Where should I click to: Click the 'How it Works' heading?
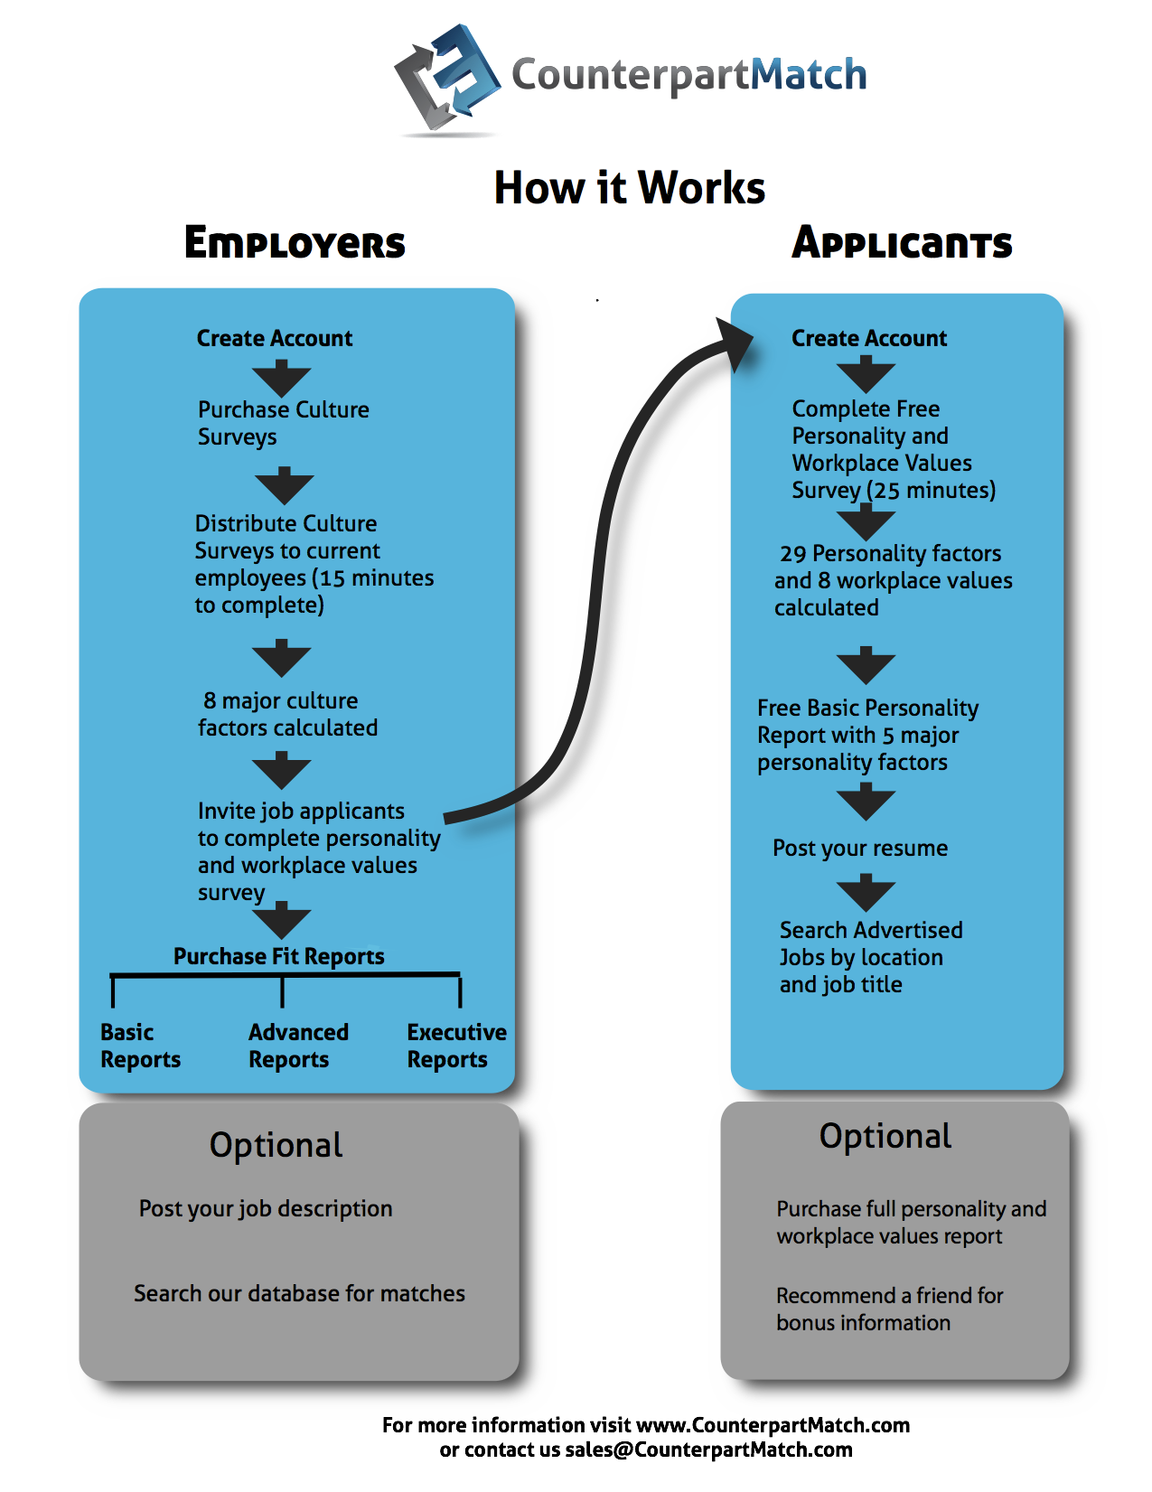629,188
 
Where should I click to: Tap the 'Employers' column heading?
295,242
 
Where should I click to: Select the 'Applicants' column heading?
902,242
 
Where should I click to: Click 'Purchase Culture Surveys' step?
283,423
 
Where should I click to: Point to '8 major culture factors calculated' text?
287,714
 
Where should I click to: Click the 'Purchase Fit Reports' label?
278,956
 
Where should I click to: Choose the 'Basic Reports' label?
140,1046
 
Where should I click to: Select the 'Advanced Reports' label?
298,1046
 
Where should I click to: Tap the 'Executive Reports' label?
456,1046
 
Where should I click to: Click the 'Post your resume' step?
860,848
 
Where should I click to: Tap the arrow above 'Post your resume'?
866,802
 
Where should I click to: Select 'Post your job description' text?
266,1208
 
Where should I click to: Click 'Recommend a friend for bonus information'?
889,1309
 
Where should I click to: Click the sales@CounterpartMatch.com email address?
708,1450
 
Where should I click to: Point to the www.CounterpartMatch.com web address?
773,1425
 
